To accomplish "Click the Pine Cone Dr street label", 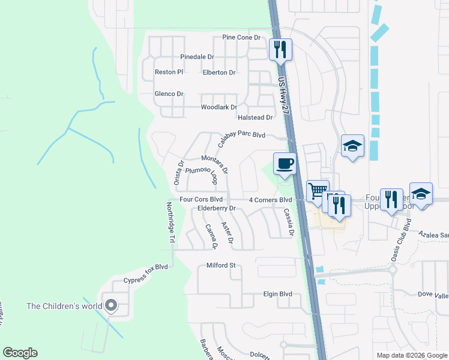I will point(244,37).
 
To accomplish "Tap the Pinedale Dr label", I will point(197,57).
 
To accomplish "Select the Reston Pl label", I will point(169,72).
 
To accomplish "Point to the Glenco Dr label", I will point(169,94).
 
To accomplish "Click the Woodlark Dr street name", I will point(218,107).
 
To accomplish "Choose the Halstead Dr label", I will point(255,118).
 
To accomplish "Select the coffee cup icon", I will point(285,163).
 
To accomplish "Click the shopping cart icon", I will point(318,191).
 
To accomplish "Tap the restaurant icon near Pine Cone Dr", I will point(280,49).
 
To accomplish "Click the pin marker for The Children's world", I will point(110,306).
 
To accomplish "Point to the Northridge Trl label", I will point(170,222).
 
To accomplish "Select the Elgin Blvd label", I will point(277,295).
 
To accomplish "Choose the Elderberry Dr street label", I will point(217,209).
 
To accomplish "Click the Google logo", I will point(20,353).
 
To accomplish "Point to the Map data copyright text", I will point(411,355).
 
